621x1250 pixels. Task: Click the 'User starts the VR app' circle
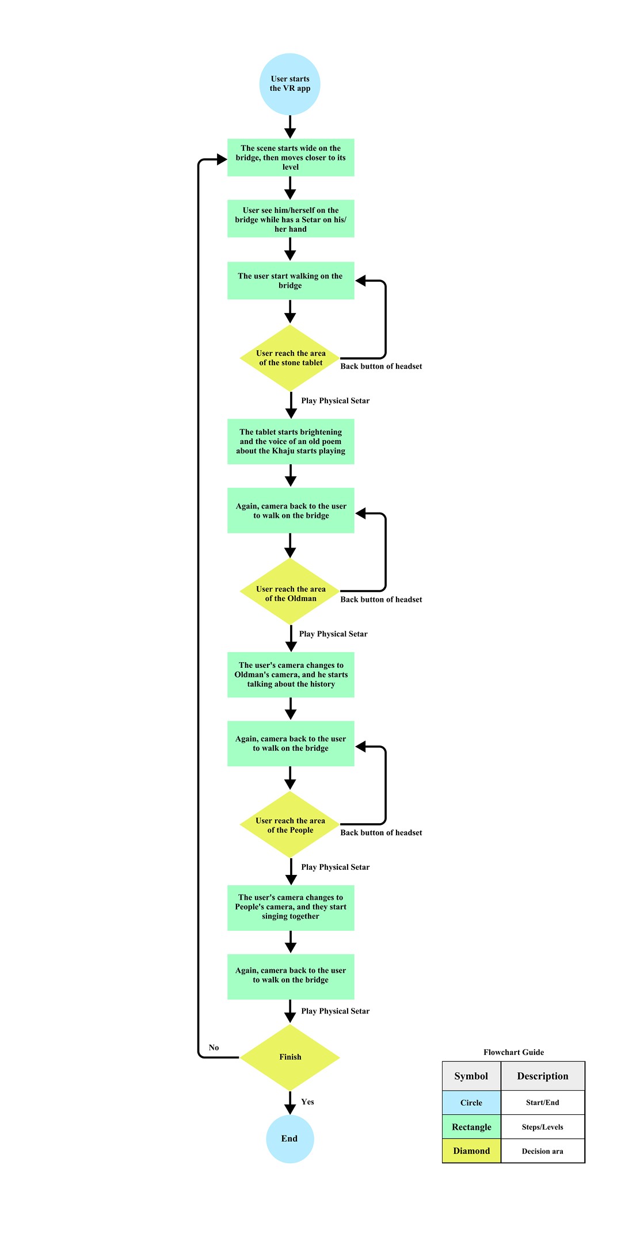290,84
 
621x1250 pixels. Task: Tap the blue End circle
289,1138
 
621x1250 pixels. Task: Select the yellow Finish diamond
290,1057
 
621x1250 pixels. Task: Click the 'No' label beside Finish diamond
214,1048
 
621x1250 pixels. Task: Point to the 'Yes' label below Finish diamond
307,1102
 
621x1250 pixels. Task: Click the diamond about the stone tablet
290,358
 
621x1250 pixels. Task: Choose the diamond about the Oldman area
290,593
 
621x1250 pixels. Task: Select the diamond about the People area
290,825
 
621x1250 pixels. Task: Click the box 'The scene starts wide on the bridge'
290,157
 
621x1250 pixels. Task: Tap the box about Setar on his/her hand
290,219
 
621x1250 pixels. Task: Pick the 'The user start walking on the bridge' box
290,281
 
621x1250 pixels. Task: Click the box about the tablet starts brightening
290,441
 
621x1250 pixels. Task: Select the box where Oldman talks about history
290,674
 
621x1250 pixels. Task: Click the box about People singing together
290,907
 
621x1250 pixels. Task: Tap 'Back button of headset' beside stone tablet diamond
381,366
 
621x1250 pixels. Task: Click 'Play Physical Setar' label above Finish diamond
335,1011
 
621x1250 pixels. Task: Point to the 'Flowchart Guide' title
513,1052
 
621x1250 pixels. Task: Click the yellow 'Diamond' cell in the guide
471,1150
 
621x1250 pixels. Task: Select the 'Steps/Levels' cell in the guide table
542,1127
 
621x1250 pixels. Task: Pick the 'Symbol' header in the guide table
471,1076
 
